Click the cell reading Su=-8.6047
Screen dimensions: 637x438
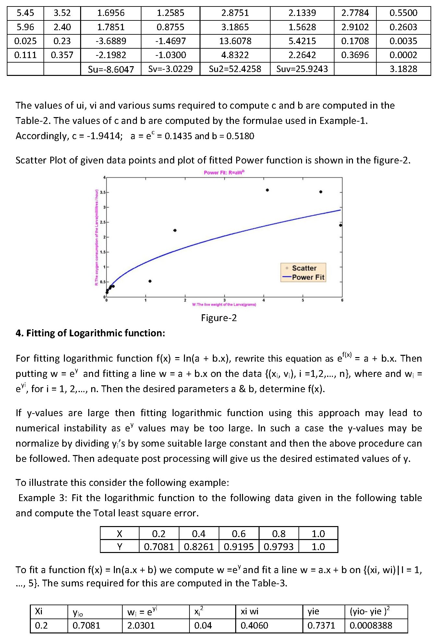coord(111,69)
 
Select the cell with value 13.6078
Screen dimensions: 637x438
coord(235,41)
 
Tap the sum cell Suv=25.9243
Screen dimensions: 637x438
coord(302,69)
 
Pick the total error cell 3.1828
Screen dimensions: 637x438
coord(403,69)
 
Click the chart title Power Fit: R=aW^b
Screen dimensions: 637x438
coord(224,173)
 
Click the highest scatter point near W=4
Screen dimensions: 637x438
coord(267,190)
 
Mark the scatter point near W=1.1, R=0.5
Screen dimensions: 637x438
coord(150,281)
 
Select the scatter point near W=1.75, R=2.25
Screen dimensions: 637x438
coord(175,230)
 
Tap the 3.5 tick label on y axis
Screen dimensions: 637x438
coord(103,192)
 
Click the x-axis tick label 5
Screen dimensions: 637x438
coord(303,300)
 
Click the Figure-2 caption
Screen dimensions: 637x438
coord(219,318)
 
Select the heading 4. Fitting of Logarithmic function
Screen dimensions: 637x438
coord(90,333)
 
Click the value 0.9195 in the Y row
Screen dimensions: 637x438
coord(238,547)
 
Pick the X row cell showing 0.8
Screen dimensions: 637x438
coord(279,534)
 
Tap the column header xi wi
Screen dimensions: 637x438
coord(249,611)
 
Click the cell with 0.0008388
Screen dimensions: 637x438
coord(371,625)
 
